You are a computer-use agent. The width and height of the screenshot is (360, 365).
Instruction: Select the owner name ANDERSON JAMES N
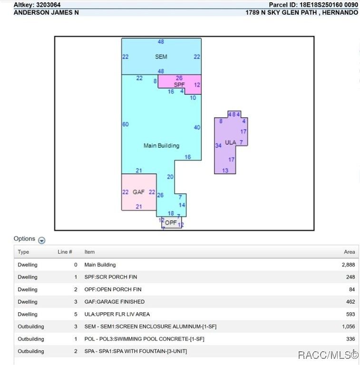tap(46, 12)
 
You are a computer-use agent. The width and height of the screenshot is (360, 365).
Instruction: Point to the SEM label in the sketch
tap(161, 57)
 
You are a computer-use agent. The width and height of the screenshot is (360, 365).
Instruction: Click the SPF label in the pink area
tap(179, 85)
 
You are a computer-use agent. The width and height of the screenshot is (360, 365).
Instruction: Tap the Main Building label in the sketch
tap(161, 146)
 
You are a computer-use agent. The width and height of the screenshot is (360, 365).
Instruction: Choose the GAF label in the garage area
tap(138, 192)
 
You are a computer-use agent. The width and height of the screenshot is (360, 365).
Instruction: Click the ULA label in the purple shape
tap(231, 143)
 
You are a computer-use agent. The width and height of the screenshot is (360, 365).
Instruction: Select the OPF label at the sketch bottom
tap(171, 223)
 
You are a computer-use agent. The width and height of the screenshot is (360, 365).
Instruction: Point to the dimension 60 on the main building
tap(126, 125)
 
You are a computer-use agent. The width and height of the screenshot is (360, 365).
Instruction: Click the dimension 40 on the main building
tap(197, 127)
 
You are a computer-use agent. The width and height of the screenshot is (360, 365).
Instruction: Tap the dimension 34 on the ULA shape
tap(218, 146)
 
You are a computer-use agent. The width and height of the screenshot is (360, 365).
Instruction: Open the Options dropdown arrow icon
tap(42, 240)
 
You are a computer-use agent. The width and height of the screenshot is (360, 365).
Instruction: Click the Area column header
tap(350, 252)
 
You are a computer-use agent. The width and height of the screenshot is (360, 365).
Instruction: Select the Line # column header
tap(65, 252)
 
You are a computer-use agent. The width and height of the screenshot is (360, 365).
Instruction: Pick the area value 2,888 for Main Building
tap(349, 265)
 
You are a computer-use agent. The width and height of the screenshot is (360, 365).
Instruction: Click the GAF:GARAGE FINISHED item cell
tap(114, 302)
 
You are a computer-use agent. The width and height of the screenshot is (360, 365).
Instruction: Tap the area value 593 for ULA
tap(350, 314)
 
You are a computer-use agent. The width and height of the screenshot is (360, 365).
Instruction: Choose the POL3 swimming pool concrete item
tap(145, 339)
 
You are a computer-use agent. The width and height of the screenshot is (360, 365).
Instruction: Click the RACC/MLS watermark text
tap(328, 355)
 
